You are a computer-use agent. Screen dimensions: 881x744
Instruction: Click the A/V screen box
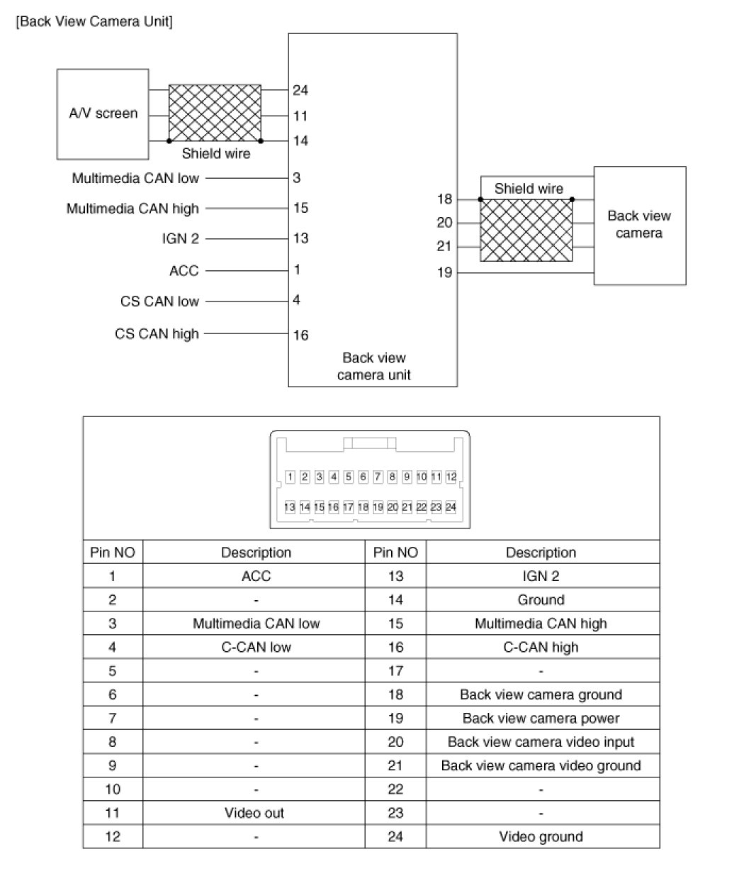coord(103,113)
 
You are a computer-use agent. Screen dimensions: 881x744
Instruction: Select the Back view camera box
coord(639,225)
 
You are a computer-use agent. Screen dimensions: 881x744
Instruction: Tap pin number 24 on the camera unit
coord(300,90)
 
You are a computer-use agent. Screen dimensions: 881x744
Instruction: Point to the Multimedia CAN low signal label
coord(135,178)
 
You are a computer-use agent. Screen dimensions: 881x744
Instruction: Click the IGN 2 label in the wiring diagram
coord(181,239)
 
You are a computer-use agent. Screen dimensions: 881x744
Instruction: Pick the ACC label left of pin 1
coord(184,270)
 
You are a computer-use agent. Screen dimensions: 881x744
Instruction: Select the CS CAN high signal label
coord(157,333)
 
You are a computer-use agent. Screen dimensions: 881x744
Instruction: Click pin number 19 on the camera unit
coord(444,272)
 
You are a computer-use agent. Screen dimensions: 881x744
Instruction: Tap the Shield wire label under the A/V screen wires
coord(216,153)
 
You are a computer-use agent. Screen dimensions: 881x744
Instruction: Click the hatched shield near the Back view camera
coord(526,230)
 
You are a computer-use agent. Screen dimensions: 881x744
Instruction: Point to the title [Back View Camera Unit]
coord(94,21)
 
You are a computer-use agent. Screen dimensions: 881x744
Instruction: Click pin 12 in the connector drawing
coord(451,477)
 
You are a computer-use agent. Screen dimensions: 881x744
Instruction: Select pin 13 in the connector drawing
coord(290,507)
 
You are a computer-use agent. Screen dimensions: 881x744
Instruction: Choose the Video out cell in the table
coord(254,813)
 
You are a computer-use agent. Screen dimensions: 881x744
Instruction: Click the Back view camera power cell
coord(541,719)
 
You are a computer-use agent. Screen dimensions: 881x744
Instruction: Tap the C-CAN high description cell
coord(541,647)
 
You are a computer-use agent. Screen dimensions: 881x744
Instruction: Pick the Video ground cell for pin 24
coord(541,837)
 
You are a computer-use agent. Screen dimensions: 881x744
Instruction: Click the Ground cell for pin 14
coord(541,600)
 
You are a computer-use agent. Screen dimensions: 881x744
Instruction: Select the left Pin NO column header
coord(113,553)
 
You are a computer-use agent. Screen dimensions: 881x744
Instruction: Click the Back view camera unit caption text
coord(373,366)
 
